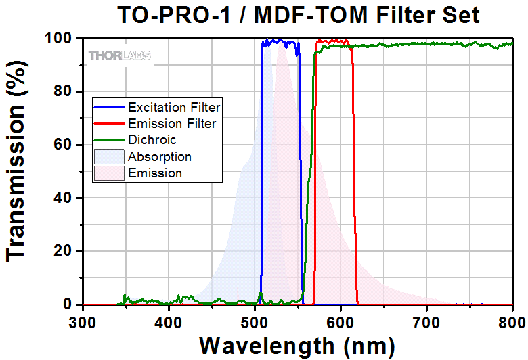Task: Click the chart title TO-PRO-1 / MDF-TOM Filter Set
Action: coord(299,14)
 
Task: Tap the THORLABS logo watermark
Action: coord(119,55)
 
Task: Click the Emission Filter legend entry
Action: coord(172,123)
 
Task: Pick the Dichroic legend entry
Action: coord(152,140)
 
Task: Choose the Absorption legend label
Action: coord(160,156)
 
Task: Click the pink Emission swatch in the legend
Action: coord(109,173)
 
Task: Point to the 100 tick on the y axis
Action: coord(60,39)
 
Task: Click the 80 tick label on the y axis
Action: coord(64,91)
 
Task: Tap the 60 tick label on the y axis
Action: coord(64,145)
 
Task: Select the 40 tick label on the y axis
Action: coord(64,198)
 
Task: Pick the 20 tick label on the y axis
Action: coord(64,252)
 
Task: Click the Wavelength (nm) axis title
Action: coord(298,345)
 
